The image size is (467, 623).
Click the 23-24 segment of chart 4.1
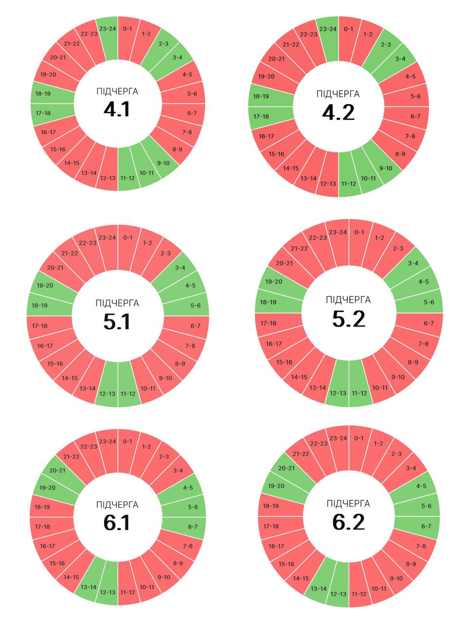[x=107, y=29]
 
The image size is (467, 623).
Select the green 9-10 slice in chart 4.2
[x=385, y=168]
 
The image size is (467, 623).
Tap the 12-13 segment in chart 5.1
[x=107, y=393]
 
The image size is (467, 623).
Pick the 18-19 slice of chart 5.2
[x=269, y=302]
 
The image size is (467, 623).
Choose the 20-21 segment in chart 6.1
[x=57, y=470]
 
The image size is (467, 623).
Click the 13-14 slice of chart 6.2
[x=319, y=588]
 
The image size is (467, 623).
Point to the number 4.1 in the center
[x=117, y=109]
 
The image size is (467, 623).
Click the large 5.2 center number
[x=348, y=319]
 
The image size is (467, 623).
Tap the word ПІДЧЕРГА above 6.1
[x=117, y=505]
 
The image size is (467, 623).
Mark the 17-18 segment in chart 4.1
[x=44, y=113]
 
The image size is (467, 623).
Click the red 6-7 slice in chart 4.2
[x=415, y=116]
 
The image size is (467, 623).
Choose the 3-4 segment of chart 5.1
[x=180, y=267]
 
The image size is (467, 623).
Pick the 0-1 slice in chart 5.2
[x=359, y=232]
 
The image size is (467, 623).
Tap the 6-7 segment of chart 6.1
[x=193, y=526]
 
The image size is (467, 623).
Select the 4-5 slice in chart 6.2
[x=421, y=486]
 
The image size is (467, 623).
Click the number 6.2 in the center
[x=348, y=522]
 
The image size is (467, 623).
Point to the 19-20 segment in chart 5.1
[x=45, y=285]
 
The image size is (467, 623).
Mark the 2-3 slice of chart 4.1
[x=163, y=44]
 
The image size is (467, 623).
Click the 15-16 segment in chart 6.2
[x=286, y=564]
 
